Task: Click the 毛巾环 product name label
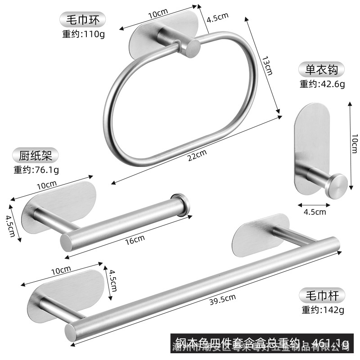(83, 19)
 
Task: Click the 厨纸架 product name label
(36, 156)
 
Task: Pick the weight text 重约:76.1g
(36, 170)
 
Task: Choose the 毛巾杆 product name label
(322, 295)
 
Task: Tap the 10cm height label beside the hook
(354, 144)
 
